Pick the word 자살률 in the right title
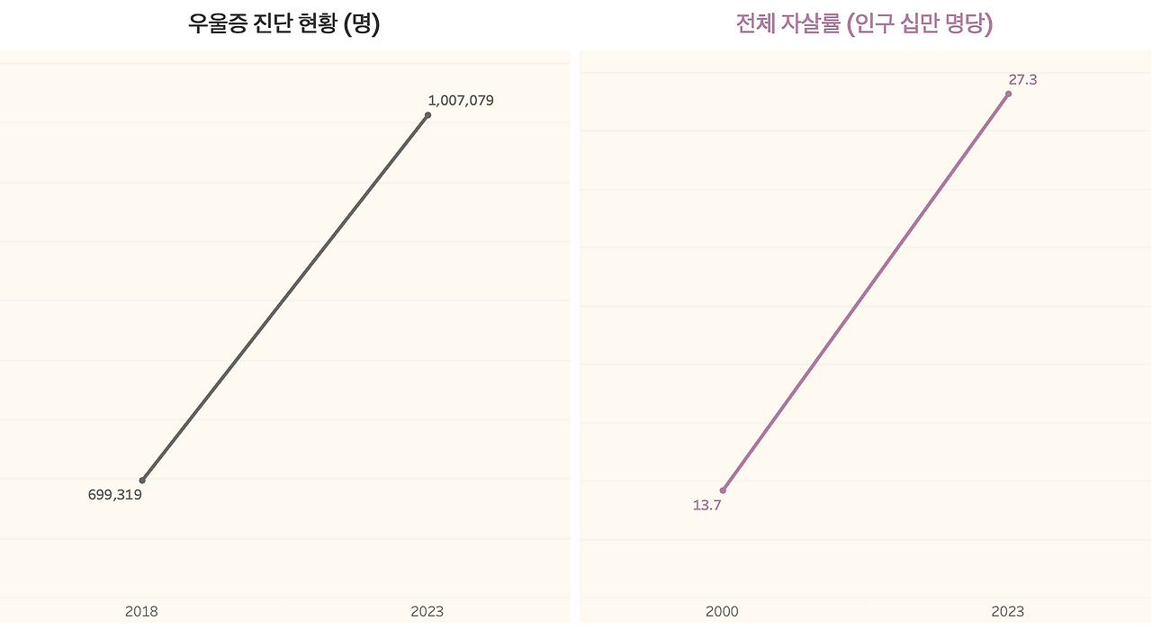[x=813, y=24]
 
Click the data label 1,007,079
[x=461, y=101]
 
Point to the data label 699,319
[x=115, y=494]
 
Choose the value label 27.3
[x=1022, y=80]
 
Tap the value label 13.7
[x=706, y=505]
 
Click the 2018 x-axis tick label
[x=141, y=612]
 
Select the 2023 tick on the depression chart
[x=427, y=612]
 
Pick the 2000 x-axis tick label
[x=722, y=612]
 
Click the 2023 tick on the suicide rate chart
[x=1007, y=612]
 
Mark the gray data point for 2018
[x=142, y=481]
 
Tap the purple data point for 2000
[x=723, y=490]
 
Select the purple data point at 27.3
[x=1008, y=94]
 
